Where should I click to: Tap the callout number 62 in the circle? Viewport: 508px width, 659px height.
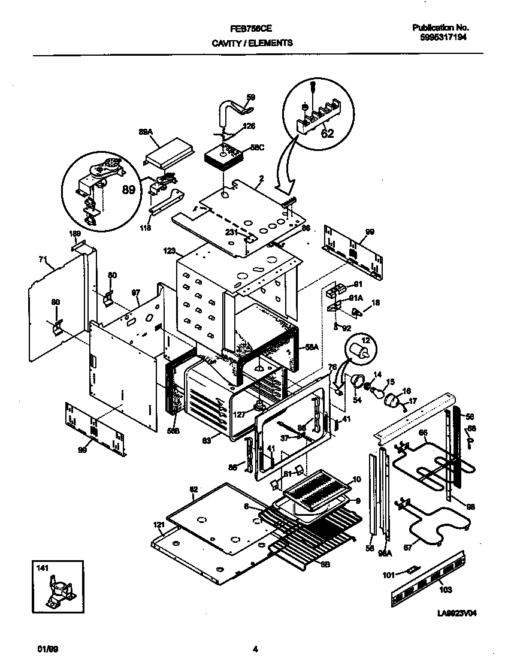[327, 133]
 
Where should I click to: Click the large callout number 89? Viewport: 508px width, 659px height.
[128, 190]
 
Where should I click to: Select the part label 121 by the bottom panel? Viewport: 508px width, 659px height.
[158, 525]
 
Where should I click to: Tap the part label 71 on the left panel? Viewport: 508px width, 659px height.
[43, 259]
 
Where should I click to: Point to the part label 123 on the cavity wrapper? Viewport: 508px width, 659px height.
[170, 252]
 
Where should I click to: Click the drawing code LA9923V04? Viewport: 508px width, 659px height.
[459, 613]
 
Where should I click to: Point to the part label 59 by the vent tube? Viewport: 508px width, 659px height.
[250, 97]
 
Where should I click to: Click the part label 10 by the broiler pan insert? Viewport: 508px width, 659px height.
[357, 479]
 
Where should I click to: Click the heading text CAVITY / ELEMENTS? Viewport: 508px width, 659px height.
[252, 43]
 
